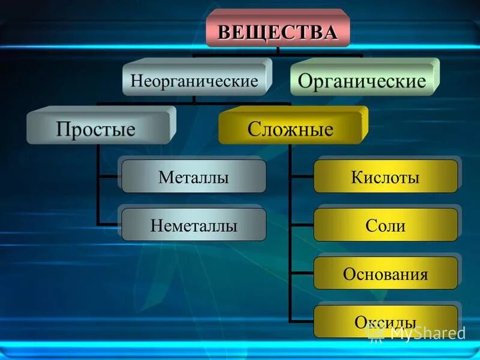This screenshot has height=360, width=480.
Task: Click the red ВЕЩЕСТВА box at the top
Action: (277, 31)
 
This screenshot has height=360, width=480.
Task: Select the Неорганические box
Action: (194, 80)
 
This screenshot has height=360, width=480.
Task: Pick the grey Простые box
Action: (97, 128)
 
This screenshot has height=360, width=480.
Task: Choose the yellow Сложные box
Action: (290, 128)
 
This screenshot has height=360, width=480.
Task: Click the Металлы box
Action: (193, 177)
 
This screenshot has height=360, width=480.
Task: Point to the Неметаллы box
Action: (193, 226)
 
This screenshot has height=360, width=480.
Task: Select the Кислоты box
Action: (385, 177)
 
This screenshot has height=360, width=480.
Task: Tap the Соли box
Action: (385, 226)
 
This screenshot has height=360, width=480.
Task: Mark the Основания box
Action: (385, 274)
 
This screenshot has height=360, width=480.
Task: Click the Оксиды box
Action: (385, 322)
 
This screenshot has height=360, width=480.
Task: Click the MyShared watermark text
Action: (427, 332)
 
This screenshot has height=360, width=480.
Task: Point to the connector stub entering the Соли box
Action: (301, 226)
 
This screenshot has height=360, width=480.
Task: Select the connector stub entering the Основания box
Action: (301, 274)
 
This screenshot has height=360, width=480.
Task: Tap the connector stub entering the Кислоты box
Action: (301, 177)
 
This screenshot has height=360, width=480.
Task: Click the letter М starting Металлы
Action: (165, 178)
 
